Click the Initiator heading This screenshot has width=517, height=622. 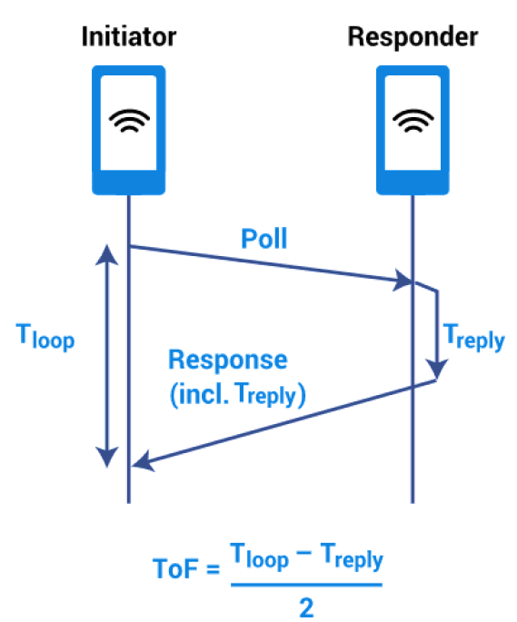pyautogui.click(x=129, y=36)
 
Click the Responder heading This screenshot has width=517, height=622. pyautogui.click(x=413, y=37)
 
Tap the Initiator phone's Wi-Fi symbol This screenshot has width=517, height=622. pyautogui.click(x=129, y=120)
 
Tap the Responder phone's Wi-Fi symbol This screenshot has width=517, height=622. pyautogui.click(x=413, y=120)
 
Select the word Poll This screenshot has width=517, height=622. pyautogui.click(x=264, y=239)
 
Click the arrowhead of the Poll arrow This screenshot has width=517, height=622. pyautogui.click(x=403, y=280)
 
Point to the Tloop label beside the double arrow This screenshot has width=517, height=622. pyautogui.click(x=45, y=337)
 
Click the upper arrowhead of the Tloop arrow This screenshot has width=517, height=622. pyautogui.click(x=107, y=254)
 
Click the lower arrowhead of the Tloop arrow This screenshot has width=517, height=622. pyautogui.click(x=107, y=457)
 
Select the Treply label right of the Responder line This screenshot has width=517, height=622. pyautogui.click(x=473, y=337)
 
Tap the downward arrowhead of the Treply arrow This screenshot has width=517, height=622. pyautogui.click(x=437, y=369)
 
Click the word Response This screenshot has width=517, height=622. pyautogui.click(x=228, y=360)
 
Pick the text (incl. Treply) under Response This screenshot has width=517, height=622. pyautogui.click(x=238, y=395)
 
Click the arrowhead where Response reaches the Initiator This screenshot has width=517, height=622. pyautogui.click(x=144, y=461)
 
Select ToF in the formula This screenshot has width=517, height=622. pyautogui.click(x=175, y=568)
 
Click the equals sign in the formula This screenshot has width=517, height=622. pyautogui.click(x=214, y=569)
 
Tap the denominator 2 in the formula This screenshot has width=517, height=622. pyautogui.click(x=306, y=607)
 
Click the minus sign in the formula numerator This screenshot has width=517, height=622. pyautogui.click(x=303, y=553)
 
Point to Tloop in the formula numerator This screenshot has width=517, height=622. pyautogui.click(x=259, y=557)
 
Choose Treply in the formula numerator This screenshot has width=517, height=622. pyautogui.click(x=352, y=557)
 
